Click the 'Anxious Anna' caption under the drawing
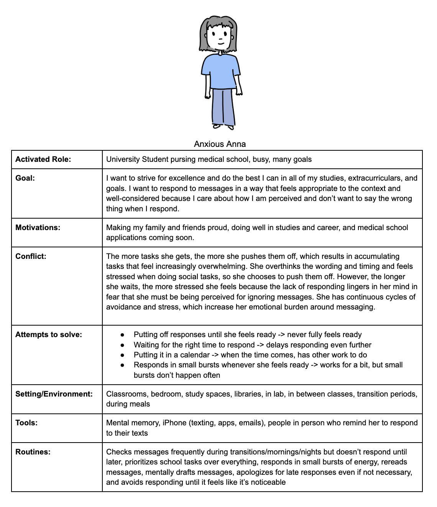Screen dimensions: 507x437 pos(220,144)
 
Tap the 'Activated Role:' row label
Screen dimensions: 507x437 pos(43,160)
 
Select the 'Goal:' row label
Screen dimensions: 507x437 pos(25,178)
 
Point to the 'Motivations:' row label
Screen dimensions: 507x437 pos(38,228)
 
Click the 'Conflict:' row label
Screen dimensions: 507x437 pos(31,257)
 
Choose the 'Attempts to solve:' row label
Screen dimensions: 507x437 pos(49,335)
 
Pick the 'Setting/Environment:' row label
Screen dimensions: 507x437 pos(54,394)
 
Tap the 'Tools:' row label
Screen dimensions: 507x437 pos(26,423)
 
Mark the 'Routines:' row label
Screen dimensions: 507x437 pos(33,452)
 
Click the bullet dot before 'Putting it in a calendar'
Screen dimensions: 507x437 pos(122,355)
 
